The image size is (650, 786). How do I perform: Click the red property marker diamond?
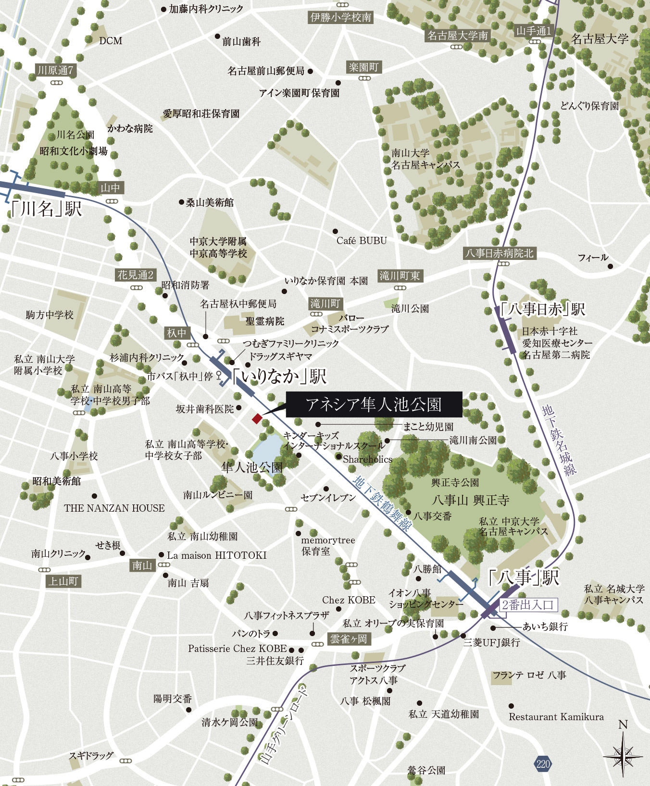[257, 418]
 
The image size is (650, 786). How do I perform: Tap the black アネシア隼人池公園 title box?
[374, 405]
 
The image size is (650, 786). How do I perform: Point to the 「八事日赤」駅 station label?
[542, 309]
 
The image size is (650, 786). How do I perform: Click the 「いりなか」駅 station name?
[279, 376]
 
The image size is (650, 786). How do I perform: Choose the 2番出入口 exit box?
[528, 605]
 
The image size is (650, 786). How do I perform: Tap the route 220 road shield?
[543, 764]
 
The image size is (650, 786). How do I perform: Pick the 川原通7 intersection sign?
[56, 70]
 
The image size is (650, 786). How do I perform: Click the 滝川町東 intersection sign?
[400, 276]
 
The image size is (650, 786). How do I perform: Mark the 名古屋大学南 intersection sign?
[458, 36]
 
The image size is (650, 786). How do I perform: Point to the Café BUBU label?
[362, 241]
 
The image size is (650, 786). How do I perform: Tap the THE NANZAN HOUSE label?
[114, 508]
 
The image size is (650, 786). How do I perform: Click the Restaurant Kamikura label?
[556, 717]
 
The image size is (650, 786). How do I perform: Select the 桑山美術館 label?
[210, 203]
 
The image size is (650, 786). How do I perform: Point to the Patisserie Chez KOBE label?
[237, 649]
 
